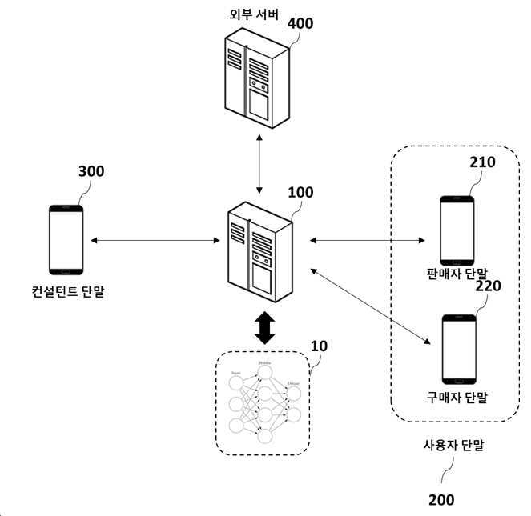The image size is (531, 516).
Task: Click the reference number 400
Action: [300, 23]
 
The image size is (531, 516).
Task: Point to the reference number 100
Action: [300, 193]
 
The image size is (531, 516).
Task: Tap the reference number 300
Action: [91, 171]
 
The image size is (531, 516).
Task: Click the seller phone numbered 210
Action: [457, 230]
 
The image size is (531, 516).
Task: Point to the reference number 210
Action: [482, 162]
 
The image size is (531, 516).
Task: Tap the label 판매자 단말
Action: [457, 274]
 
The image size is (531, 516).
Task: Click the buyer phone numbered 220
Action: [459, 350]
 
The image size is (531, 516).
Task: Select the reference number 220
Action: [489, 286]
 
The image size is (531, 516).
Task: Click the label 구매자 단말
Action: [457, 397]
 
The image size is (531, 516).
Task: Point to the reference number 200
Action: [440, 500]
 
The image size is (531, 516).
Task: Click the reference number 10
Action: [318, 347]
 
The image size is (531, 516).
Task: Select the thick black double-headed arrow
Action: [264, 326]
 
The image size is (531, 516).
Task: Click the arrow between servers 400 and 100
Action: [259, 165]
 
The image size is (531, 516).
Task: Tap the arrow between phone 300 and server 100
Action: [155, 240]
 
